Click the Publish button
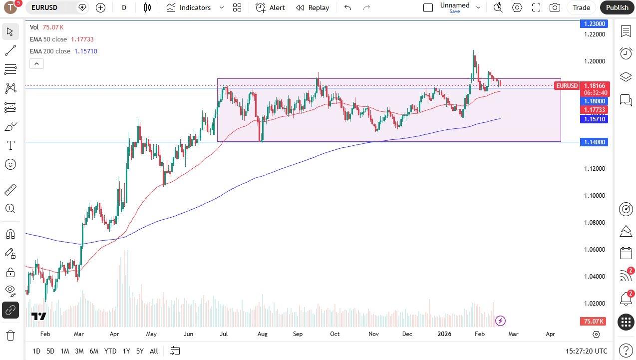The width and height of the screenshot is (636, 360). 617,7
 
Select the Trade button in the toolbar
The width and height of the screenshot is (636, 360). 581,7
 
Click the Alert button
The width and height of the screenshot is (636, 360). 271,7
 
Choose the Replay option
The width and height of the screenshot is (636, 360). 313,7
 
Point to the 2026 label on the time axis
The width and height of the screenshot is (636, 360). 444,334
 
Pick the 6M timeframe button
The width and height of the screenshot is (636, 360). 94,351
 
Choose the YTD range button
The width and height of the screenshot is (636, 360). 110,351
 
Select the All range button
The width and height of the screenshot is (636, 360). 154,351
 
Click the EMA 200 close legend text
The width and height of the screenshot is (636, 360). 50,51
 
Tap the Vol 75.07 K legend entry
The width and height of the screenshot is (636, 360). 46,27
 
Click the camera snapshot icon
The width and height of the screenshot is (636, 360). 555,7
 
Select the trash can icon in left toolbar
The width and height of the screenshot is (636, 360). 10,335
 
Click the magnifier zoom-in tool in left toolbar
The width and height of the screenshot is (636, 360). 10,208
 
